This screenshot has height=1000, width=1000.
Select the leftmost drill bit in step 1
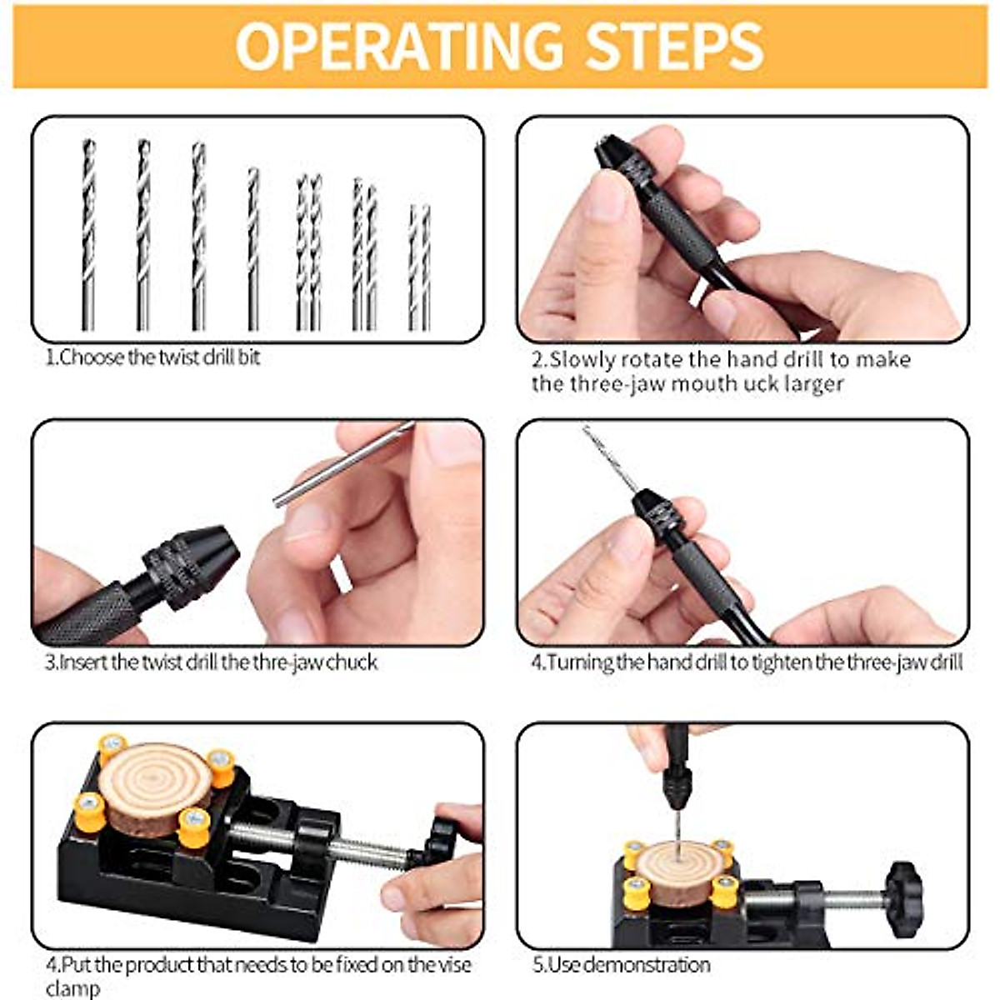point(88,233)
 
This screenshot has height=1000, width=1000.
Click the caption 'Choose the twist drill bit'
point(158,357)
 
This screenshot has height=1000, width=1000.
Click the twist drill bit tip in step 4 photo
point(593,437)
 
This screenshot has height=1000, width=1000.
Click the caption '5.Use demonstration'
point(621,965)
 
